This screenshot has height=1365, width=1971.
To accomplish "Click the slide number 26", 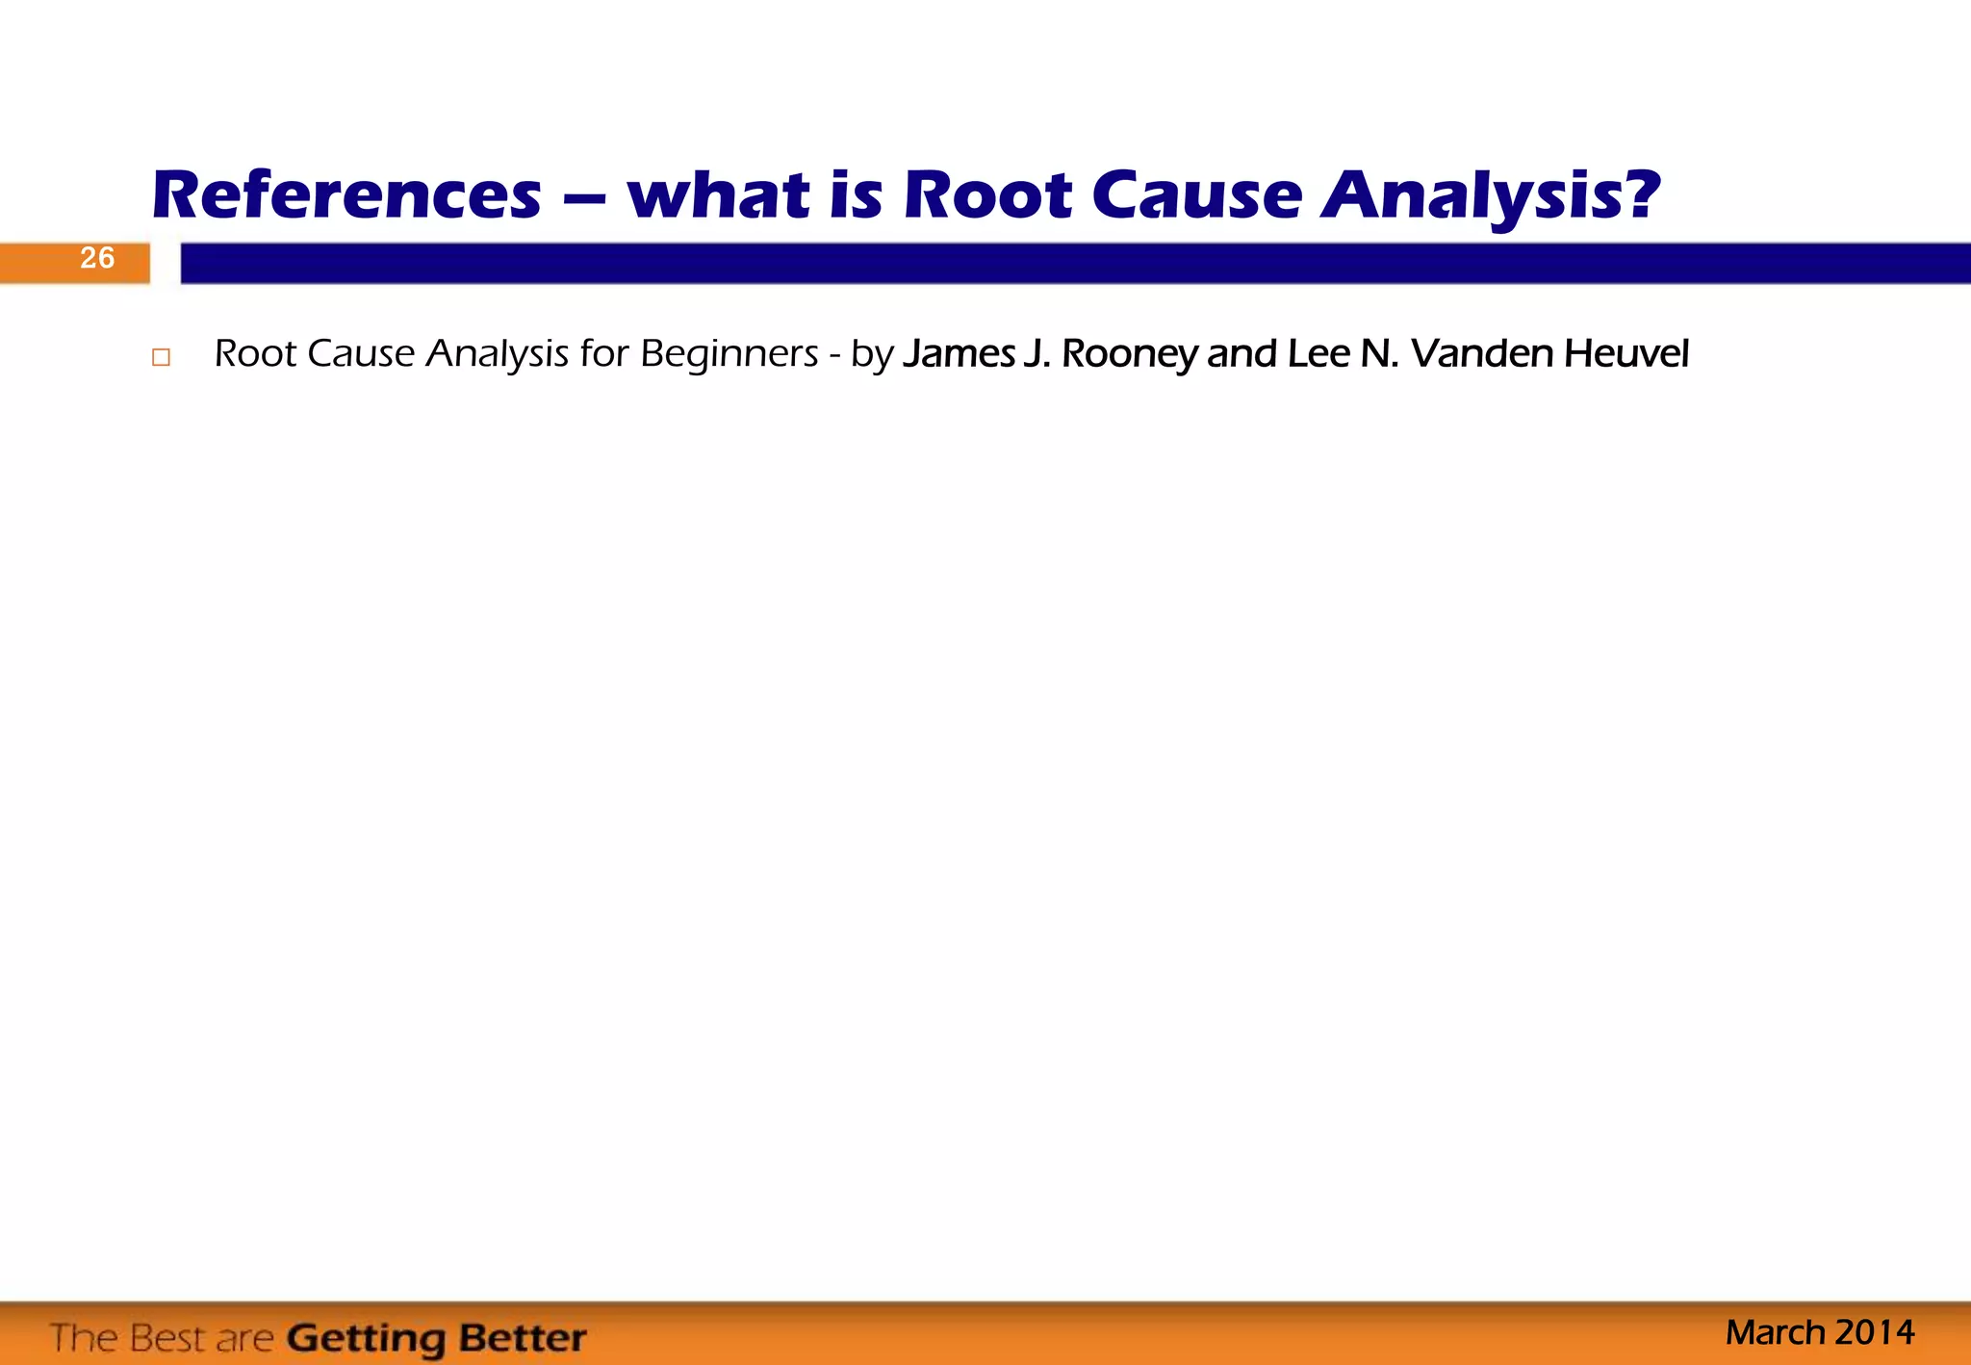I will pyautogui.click(x=97, y=258).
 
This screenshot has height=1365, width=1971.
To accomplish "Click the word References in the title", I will pyautogui.click(x=346, y=195).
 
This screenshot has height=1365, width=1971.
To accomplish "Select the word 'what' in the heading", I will pyautogui.click(x=719, y=195).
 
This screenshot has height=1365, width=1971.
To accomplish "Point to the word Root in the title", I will pyautogui.click(x=987, y=195).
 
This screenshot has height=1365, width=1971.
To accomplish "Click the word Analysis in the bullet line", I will pyautogui.click(x=498, y=354).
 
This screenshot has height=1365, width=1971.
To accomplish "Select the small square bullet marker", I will pyautogui.click(x=161, y=357).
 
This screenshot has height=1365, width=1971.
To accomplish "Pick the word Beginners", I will pyautogui.click(x=730, y=354).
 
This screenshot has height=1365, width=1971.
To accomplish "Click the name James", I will pyautogui.click(x=959, y=354).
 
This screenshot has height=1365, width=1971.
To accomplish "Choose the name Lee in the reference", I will pyautogui.click(x=1318, y=354).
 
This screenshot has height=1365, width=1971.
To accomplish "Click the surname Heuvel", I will pyautogui.click(x=1626, y=354).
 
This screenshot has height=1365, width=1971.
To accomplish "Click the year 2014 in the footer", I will pyautogui.click(x=1875, y=1332).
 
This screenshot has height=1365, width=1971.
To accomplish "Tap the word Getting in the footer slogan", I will pyautogui.click(x=367, y=1339).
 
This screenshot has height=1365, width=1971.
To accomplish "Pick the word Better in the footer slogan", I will pyautogui.click(x=522, y=1338).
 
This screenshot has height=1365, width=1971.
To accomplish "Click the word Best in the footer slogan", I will pyautogui.click(x=169, y=1338).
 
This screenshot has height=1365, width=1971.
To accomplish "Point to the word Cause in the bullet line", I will pyautogui.click(x=361, y=354).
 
